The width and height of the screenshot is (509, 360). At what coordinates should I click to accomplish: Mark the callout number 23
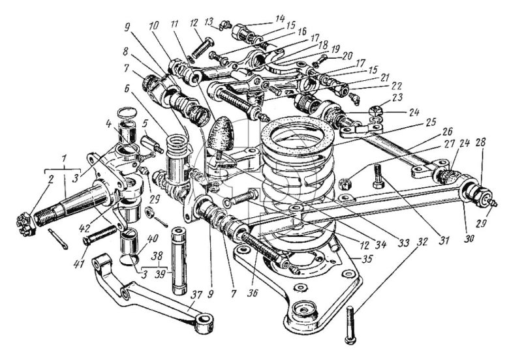(x=397, y=98)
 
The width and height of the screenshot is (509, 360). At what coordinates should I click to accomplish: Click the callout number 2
(x=51, y=180)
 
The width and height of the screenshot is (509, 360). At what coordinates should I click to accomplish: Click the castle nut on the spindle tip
(x=25, y=224)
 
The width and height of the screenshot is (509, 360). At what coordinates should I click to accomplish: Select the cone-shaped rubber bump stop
(x=219, y=134)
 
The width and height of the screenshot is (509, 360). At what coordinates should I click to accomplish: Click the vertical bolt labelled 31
(x=378, y=177)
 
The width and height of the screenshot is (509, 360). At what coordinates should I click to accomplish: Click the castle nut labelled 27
(x=344, y=185)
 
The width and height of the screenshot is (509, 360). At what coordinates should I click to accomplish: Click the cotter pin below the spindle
(x=59, y=239)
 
